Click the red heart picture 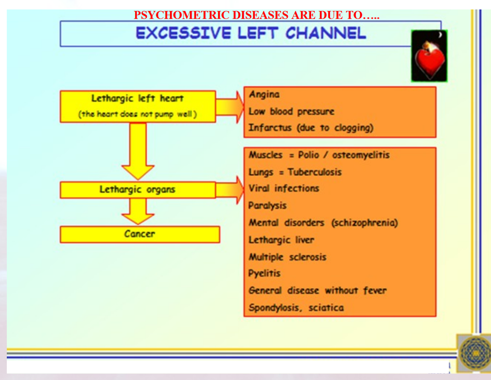pyautogui.click(x=429, y=56)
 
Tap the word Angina pyautogui.click(x=264, y=94)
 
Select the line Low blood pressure pyautogui.click(x=291, y=111)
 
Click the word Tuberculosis pyautogui.click(x=314, y=172)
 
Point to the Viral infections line pyautogui.click(x=284, y=188)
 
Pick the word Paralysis pyautogui.click(x=268, y=206)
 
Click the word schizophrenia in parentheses pyautogui.click(x=365, y=223)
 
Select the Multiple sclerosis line pyautogui.click(x=287, y=257)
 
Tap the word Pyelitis pyautogui.click(x=265, y=273)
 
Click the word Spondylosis pyautogui.click(x=275, y=308)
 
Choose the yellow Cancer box pyautogui.click(x=140, y=234)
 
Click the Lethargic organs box pyautogui.click(x=138, y=189)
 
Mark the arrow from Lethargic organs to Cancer pyautogui.click(x=138, y=211)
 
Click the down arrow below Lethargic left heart pyautogui.click(x=138, y=151)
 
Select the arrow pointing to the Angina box pyautogui.click(x=230, y=107)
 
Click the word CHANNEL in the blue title pyautogui.click(x=326, y=33)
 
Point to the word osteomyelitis pyautogui.click(x=361, y=155)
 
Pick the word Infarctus pyautogui.click(x=270, y=128)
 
